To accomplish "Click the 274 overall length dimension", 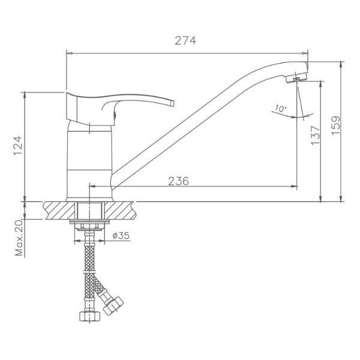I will click(186, 41).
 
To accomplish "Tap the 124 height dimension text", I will click(19, 146).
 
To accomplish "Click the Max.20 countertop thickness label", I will click(19, 237).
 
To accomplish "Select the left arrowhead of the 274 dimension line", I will click(67, 53).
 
